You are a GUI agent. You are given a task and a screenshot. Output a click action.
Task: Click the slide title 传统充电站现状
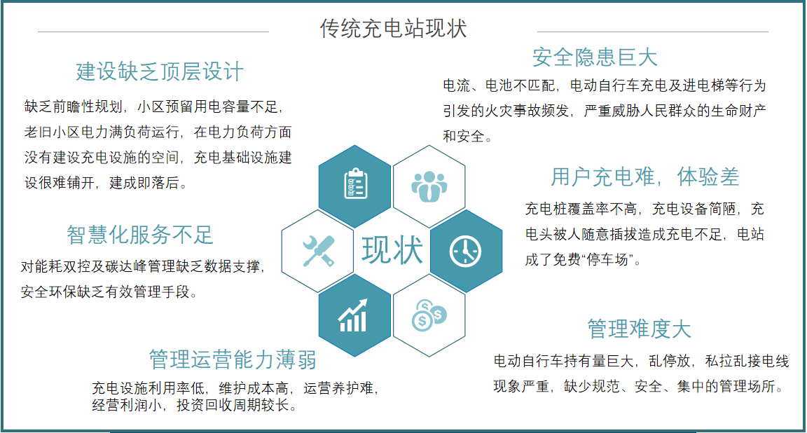(393, 29)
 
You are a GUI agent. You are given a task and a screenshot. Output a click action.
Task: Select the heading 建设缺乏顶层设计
(160, 71)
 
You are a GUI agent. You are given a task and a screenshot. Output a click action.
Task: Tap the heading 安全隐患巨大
(595, 57)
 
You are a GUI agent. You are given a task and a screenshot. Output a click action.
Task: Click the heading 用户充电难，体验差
(644, 177)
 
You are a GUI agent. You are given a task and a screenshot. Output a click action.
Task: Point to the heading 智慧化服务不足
(140, 235)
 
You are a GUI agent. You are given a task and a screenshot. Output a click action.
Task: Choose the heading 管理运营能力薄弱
(233, 359)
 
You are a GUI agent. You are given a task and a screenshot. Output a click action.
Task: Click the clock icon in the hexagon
(466, 250)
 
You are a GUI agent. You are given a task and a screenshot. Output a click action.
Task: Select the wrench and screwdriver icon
(318, 250)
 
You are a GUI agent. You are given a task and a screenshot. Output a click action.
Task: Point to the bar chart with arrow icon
(354, 316)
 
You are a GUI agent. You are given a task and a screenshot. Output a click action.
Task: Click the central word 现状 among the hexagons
(392, 250)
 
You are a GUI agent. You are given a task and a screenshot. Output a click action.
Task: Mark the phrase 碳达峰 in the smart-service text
(146, 267)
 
